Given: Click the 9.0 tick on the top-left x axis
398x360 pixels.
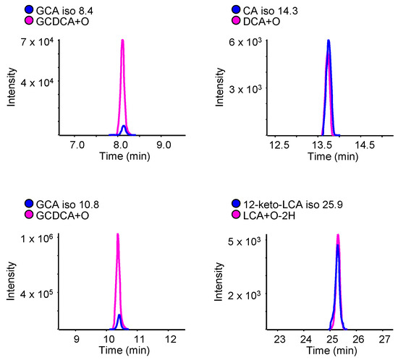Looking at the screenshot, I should pyautogui.click(x=164, y=145).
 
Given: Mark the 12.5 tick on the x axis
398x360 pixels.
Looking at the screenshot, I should pyautogui.click(x=280, y=145).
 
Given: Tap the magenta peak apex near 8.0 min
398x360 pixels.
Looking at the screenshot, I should pyautogui.click(x=122, y=40).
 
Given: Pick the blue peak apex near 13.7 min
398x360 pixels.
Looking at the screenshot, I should pyautogui.click(x=329, y=40).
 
